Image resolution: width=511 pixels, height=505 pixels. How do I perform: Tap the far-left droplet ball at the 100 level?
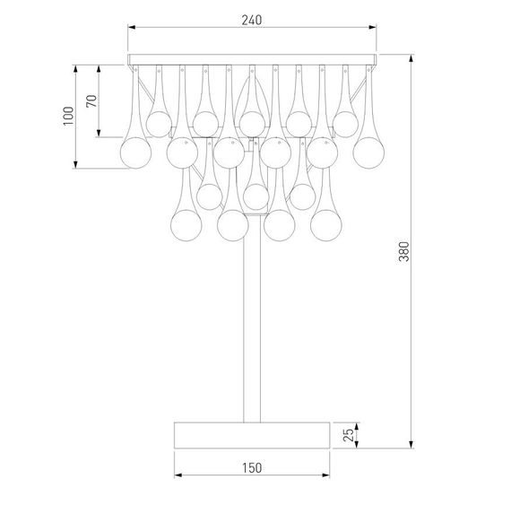click(135, 150)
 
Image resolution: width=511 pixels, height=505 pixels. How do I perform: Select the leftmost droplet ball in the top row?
click(159, 122)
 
